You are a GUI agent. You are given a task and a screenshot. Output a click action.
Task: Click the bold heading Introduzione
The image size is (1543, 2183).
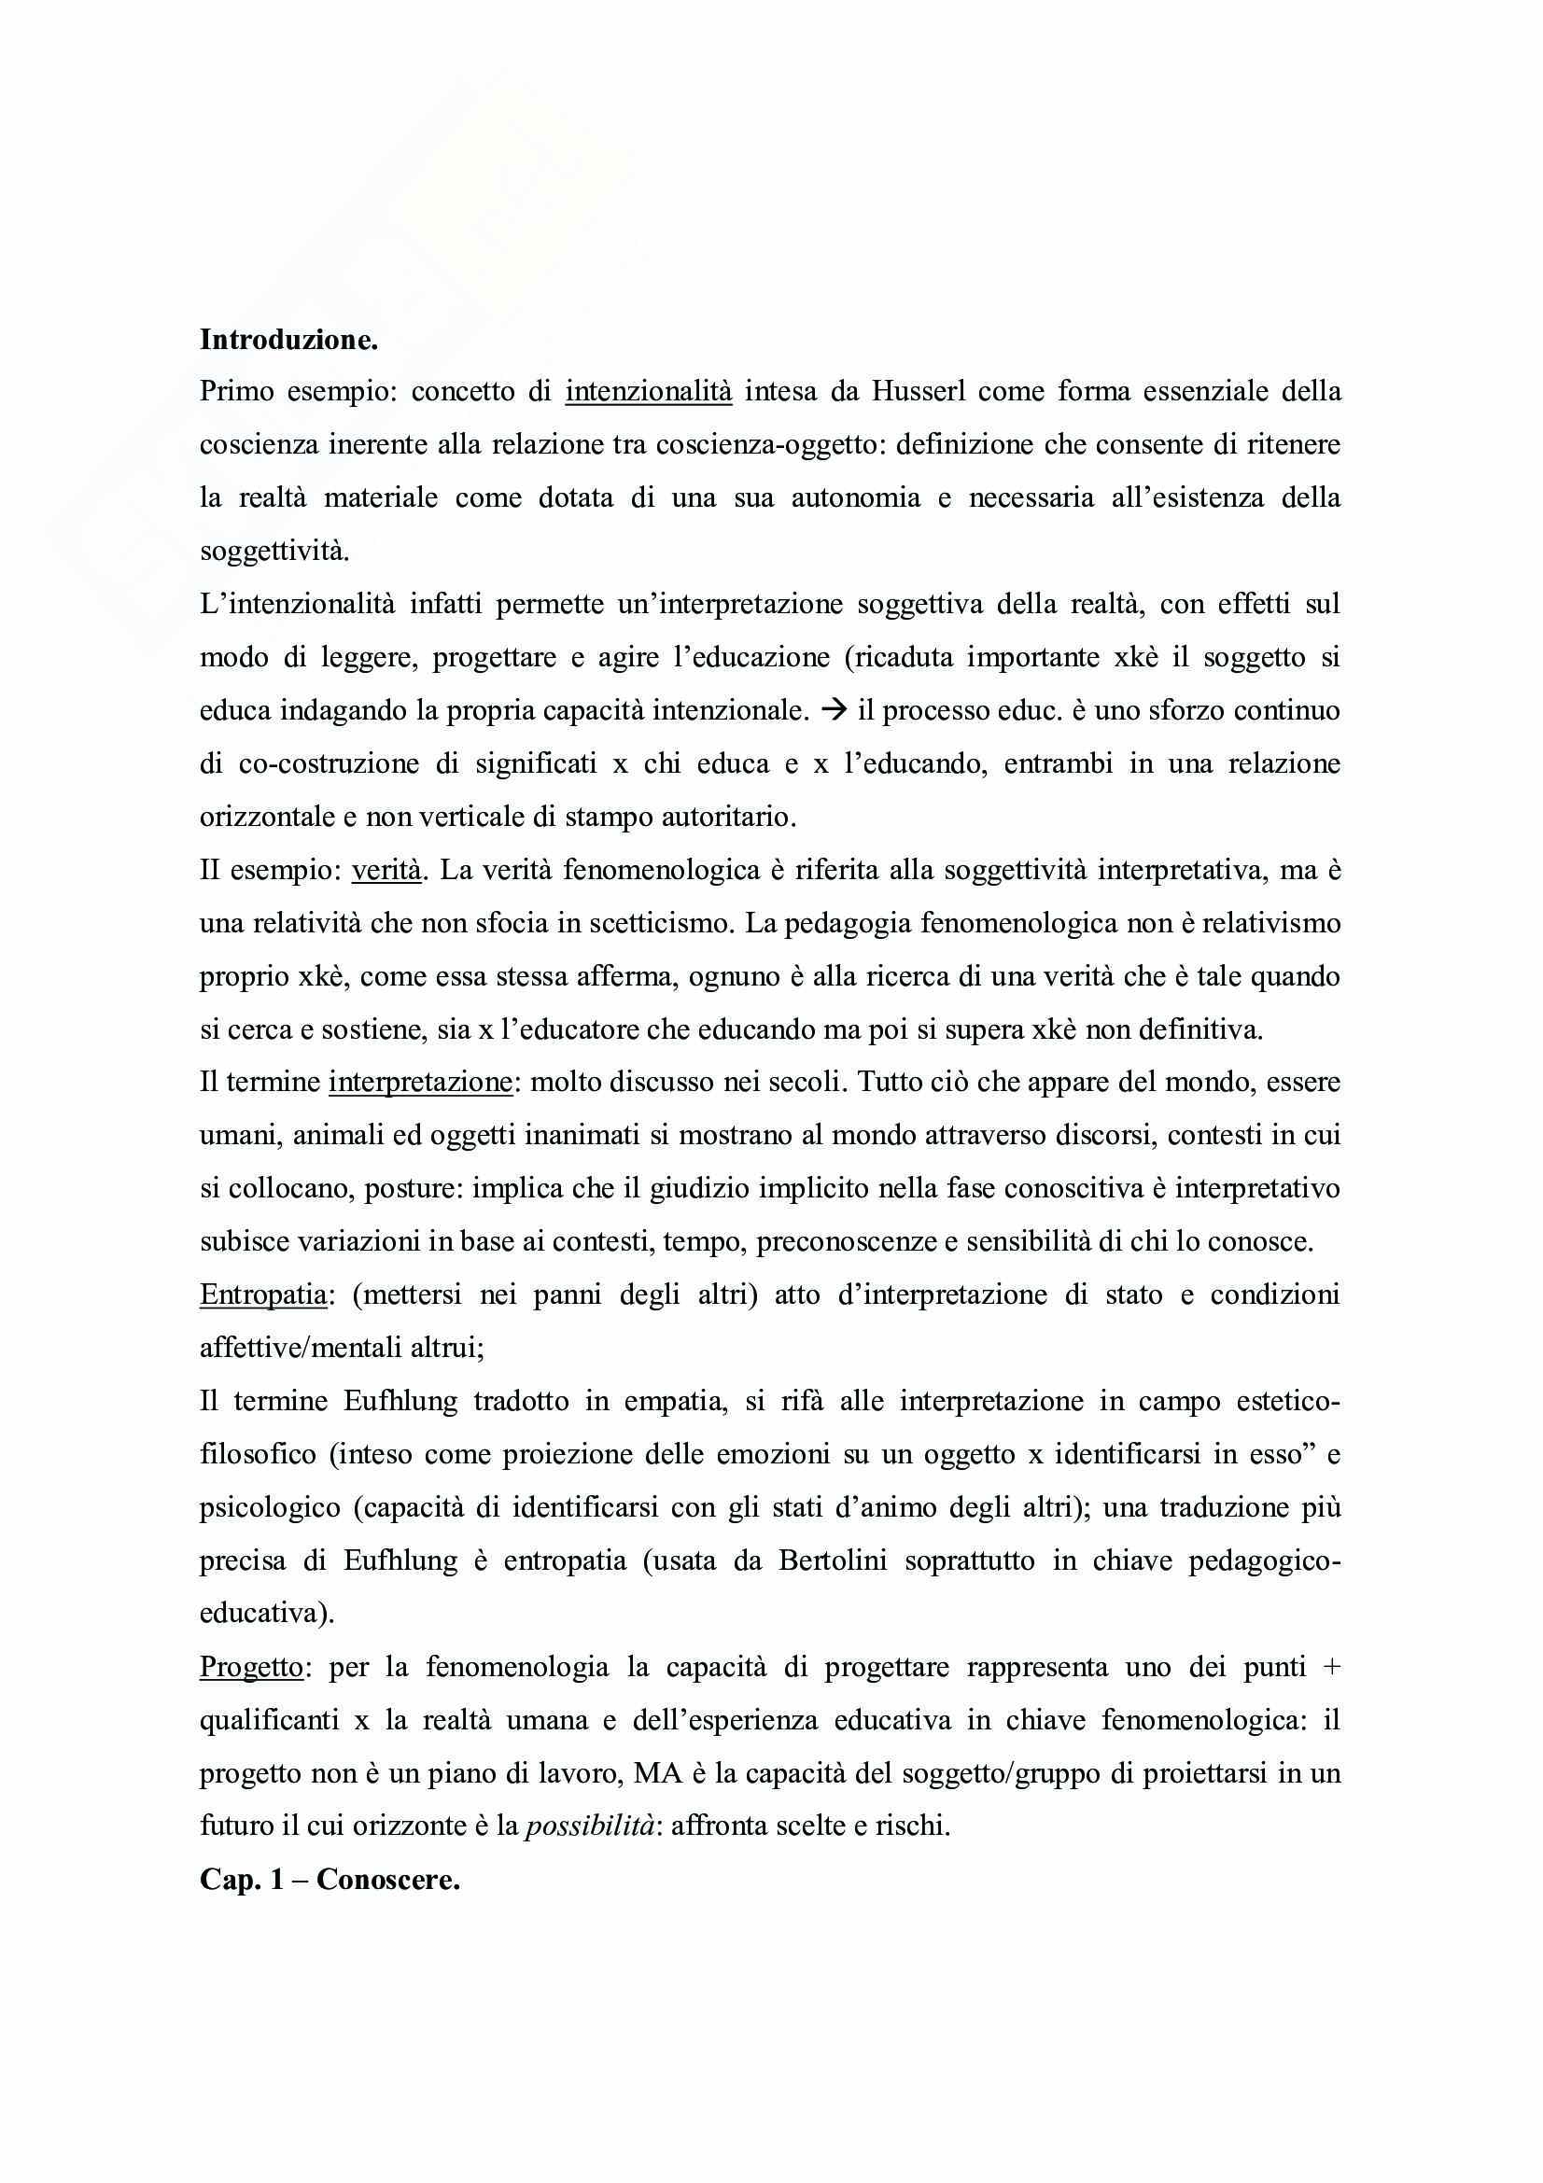(288, 342)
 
